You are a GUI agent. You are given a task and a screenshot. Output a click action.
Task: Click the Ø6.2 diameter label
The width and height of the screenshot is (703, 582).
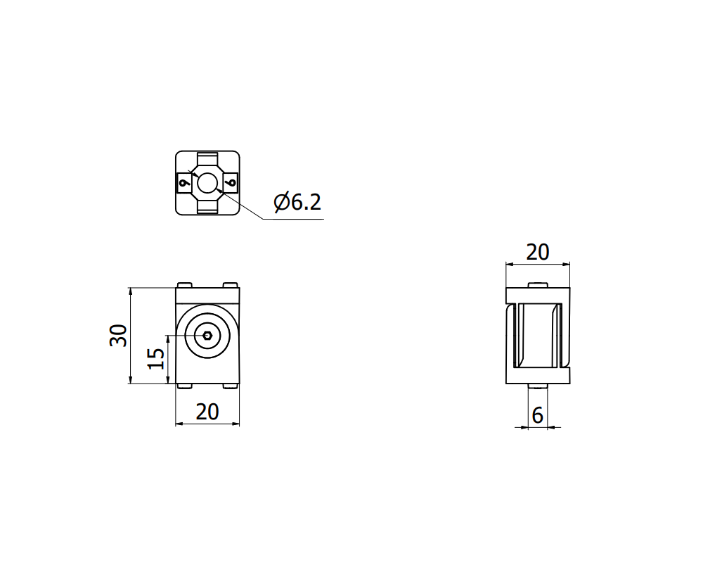(297, 203)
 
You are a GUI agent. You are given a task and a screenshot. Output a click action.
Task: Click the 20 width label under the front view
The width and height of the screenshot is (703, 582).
(207, 412)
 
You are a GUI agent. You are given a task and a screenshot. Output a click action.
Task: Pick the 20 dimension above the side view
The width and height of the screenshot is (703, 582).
(538, 252)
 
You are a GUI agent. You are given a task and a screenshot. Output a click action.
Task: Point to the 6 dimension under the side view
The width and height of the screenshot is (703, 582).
(538, 416)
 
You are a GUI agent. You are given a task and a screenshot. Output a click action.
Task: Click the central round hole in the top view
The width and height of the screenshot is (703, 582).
(207, 183)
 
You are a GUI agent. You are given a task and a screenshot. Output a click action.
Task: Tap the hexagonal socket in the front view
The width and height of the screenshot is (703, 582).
(207, 335)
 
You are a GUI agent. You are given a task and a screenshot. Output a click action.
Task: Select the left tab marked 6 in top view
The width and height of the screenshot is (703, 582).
(184, 183)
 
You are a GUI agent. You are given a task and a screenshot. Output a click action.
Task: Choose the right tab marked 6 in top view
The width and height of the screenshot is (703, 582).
(231, 183)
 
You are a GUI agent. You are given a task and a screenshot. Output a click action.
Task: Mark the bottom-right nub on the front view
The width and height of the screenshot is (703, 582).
(231, 386)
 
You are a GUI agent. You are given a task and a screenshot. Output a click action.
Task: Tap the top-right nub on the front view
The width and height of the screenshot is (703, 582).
(231, 285)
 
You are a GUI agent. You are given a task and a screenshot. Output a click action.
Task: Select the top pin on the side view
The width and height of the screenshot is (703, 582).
(538, 284)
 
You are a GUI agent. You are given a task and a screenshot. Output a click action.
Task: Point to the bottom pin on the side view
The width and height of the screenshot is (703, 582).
(538, 386)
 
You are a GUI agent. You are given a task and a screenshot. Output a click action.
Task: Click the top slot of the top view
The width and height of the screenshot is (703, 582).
(207, 158)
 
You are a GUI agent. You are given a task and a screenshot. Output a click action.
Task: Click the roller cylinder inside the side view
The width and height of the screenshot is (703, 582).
(538, 335)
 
